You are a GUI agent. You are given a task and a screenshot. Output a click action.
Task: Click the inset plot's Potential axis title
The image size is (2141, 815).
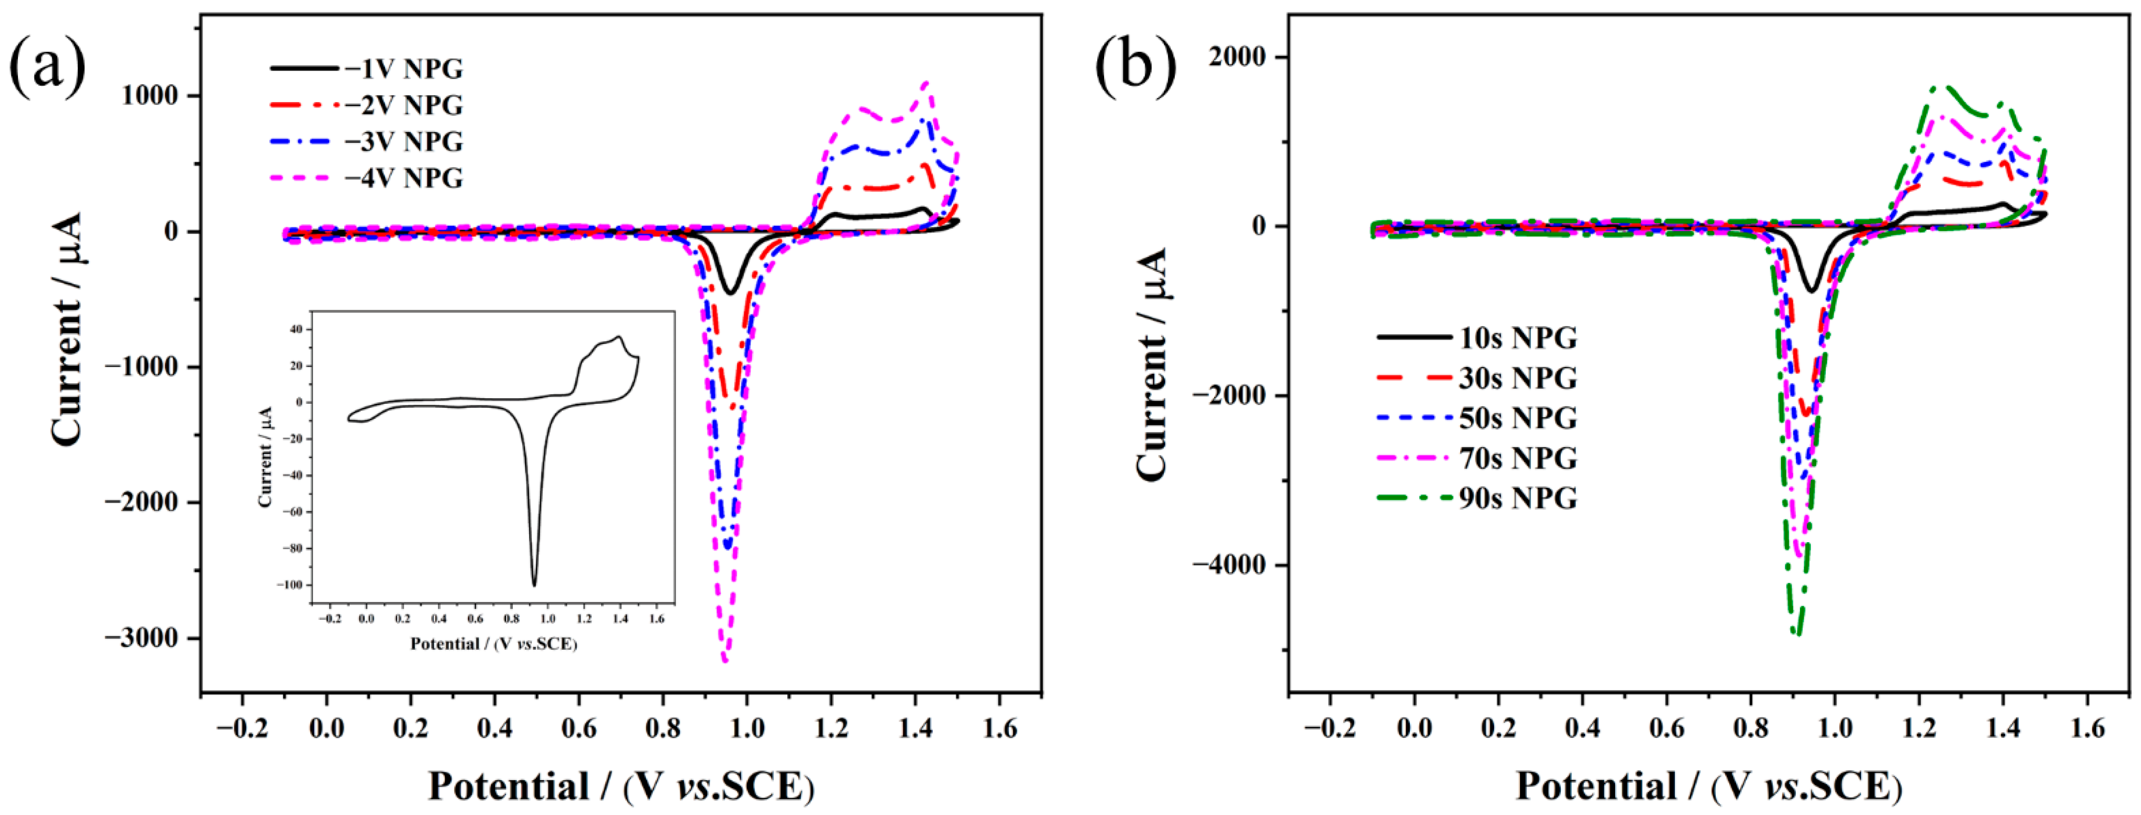coord(494,644)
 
